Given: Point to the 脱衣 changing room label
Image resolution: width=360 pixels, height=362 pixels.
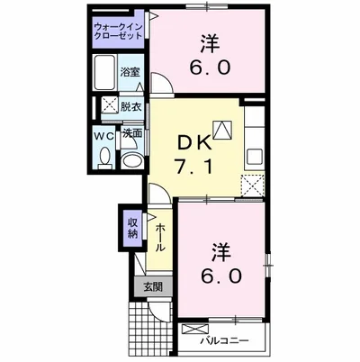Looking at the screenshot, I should tap(131, 106).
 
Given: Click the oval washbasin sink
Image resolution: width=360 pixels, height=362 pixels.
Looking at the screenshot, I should tap(132, 160).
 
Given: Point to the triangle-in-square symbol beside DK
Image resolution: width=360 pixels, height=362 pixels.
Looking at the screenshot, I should tap(221, 128).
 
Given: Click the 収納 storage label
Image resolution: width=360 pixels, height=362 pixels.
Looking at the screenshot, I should tap(132, 229).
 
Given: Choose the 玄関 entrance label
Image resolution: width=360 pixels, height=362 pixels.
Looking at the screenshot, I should tap(151, 287).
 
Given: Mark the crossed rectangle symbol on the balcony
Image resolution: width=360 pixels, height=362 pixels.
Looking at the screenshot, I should tap(194, 330).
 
